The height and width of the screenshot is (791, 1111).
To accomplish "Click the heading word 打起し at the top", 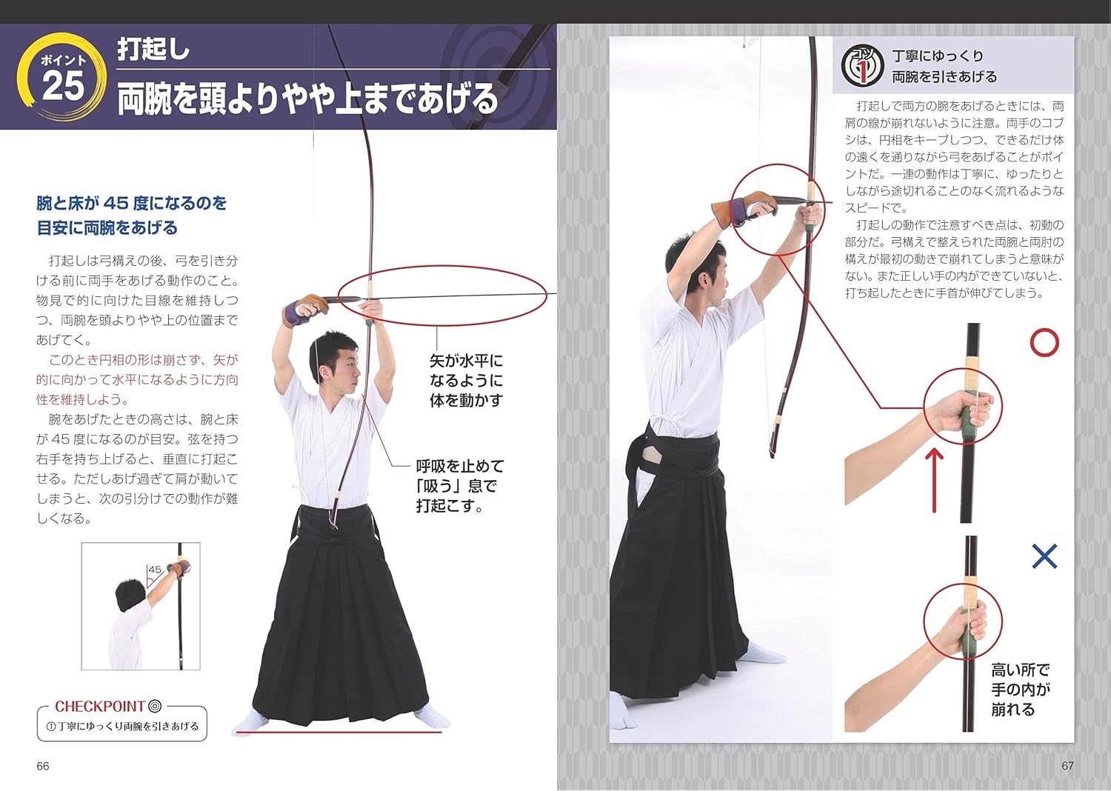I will point(153,50).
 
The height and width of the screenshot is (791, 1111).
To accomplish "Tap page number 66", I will point(43,766).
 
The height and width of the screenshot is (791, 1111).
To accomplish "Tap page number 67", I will point(1067,766).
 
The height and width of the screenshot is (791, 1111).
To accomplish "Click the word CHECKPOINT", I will point(99,706).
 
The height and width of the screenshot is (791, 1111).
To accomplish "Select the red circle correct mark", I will point(1044,343).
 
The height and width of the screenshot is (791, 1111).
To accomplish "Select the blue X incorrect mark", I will point(1044,555).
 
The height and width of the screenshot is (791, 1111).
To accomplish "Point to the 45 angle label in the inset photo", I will point(154,570).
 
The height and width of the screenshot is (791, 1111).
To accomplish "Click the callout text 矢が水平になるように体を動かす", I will point(466,381).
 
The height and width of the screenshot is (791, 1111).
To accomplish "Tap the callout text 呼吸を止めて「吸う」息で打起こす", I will point(459,486).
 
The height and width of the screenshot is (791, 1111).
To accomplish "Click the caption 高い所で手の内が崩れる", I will point(1020,690).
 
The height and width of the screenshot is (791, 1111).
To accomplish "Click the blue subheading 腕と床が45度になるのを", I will point(132,203).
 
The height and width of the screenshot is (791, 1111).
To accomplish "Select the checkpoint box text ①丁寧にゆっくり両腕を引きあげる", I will point(122,727).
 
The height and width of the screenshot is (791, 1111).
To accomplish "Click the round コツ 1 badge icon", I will point(862,66).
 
